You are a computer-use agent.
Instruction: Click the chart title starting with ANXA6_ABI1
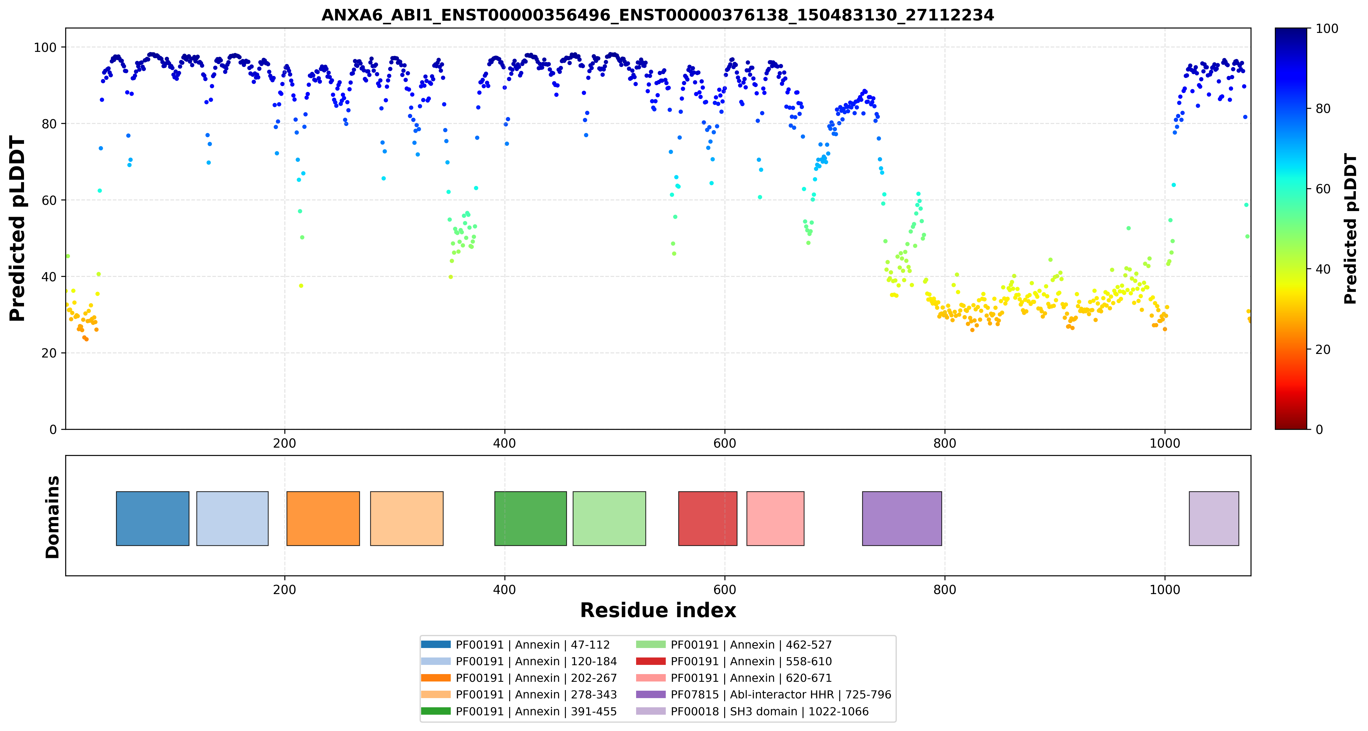pos(657,15)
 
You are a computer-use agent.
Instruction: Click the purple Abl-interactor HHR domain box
pos(902,519)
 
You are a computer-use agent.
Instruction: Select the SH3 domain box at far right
pos(1214,519)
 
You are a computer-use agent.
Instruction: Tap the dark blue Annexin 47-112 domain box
pos(152,519)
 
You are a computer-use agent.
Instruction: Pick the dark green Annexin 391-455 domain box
pos(531,519)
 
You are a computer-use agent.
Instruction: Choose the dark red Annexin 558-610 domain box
pos(708,519)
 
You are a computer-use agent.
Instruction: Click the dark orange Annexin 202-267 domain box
pos(323,519)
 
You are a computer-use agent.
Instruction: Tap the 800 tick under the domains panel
pos(945,590)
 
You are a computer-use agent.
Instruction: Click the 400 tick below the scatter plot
pos(504,443)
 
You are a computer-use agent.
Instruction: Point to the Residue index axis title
pos(658,610)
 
